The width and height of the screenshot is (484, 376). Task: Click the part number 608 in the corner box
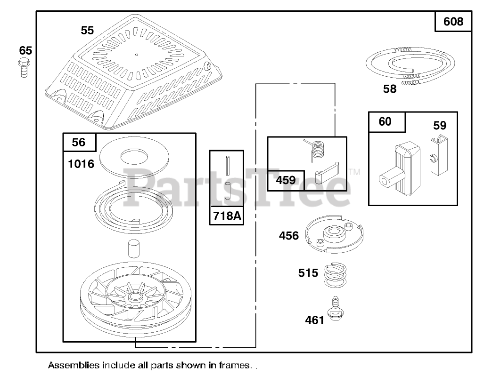pos(453,22)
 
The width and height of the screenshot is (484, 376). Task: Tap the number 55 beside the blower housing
pos(87,30)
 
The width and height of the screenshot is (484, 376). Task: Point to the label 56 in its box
pos(79,142)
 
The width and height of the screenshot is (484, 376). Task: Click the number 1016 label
pos(81,164)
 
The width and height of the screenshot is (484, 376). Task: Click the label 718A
pos(227,216)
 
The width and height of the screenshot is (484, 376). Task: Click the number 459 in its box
pos(286,180)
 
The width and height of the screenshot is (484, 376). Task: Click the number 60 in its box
pos(385,121)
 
